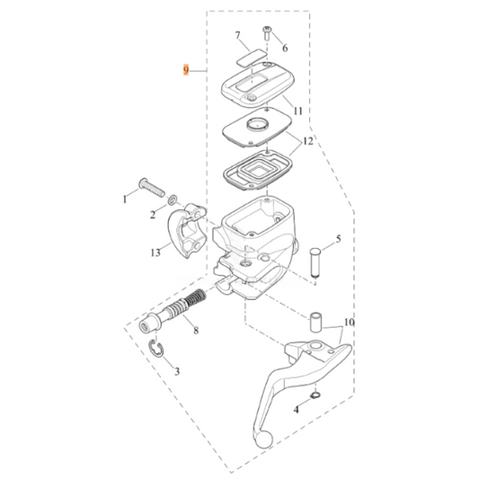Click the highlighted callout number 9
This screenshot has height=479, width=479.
coord(186,69)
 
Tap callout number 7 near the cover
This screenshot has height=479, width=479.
coord(239,37)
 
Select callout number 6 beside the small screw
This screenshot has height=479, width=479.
coord(286,48)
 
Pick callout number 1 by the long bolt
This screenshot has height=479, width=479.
coord(126,197)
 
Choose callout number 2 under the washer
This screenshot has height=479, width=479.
coord(153,216)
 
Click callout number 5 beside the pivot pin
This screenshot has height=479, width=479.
coord(339,240)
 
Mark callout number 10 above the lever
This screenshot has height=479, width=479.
coord(349,322)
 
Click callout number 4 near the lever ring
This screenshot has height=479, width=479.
coord(296,410)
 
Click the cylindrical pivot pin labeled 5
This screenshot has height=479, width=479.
coord(315,262)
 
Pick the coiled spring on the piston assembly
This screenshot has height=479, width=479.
coord(191,304)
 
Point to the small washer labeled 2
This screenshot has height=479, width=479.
coord(172,201)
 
